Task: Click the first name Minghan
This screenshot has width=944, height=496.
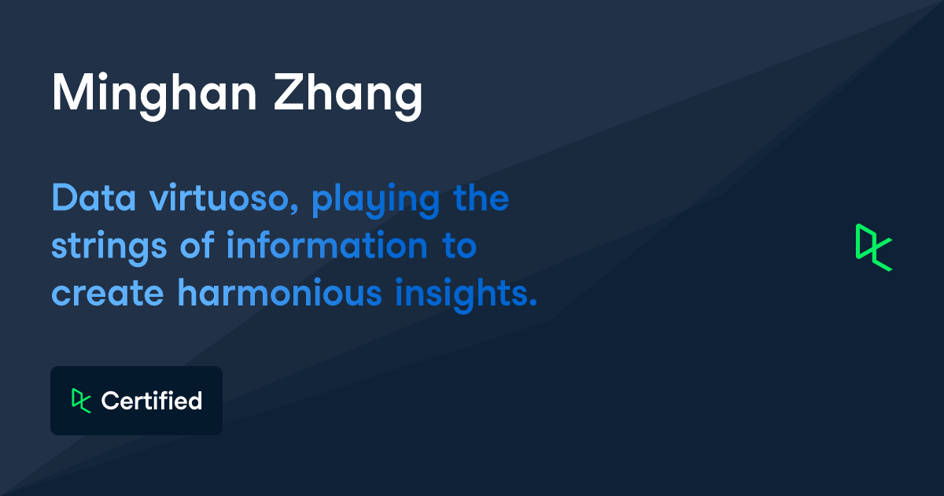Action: point(153,94)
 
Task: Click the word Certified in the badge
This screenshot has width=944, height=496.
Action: point(152,401)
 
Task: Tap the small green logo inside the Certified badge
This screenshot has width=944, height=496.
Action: point(81,400)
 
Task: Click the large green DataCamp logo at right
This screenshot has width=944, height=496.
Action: point(874,247)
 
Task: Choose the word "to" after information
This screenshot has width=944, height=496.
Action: point(458,246)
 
